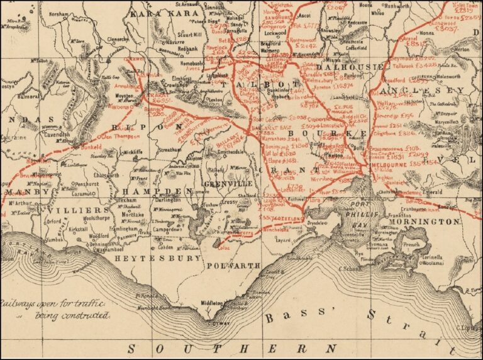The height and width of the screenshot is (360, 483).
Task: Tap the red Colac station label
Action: tap(225, 247)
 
